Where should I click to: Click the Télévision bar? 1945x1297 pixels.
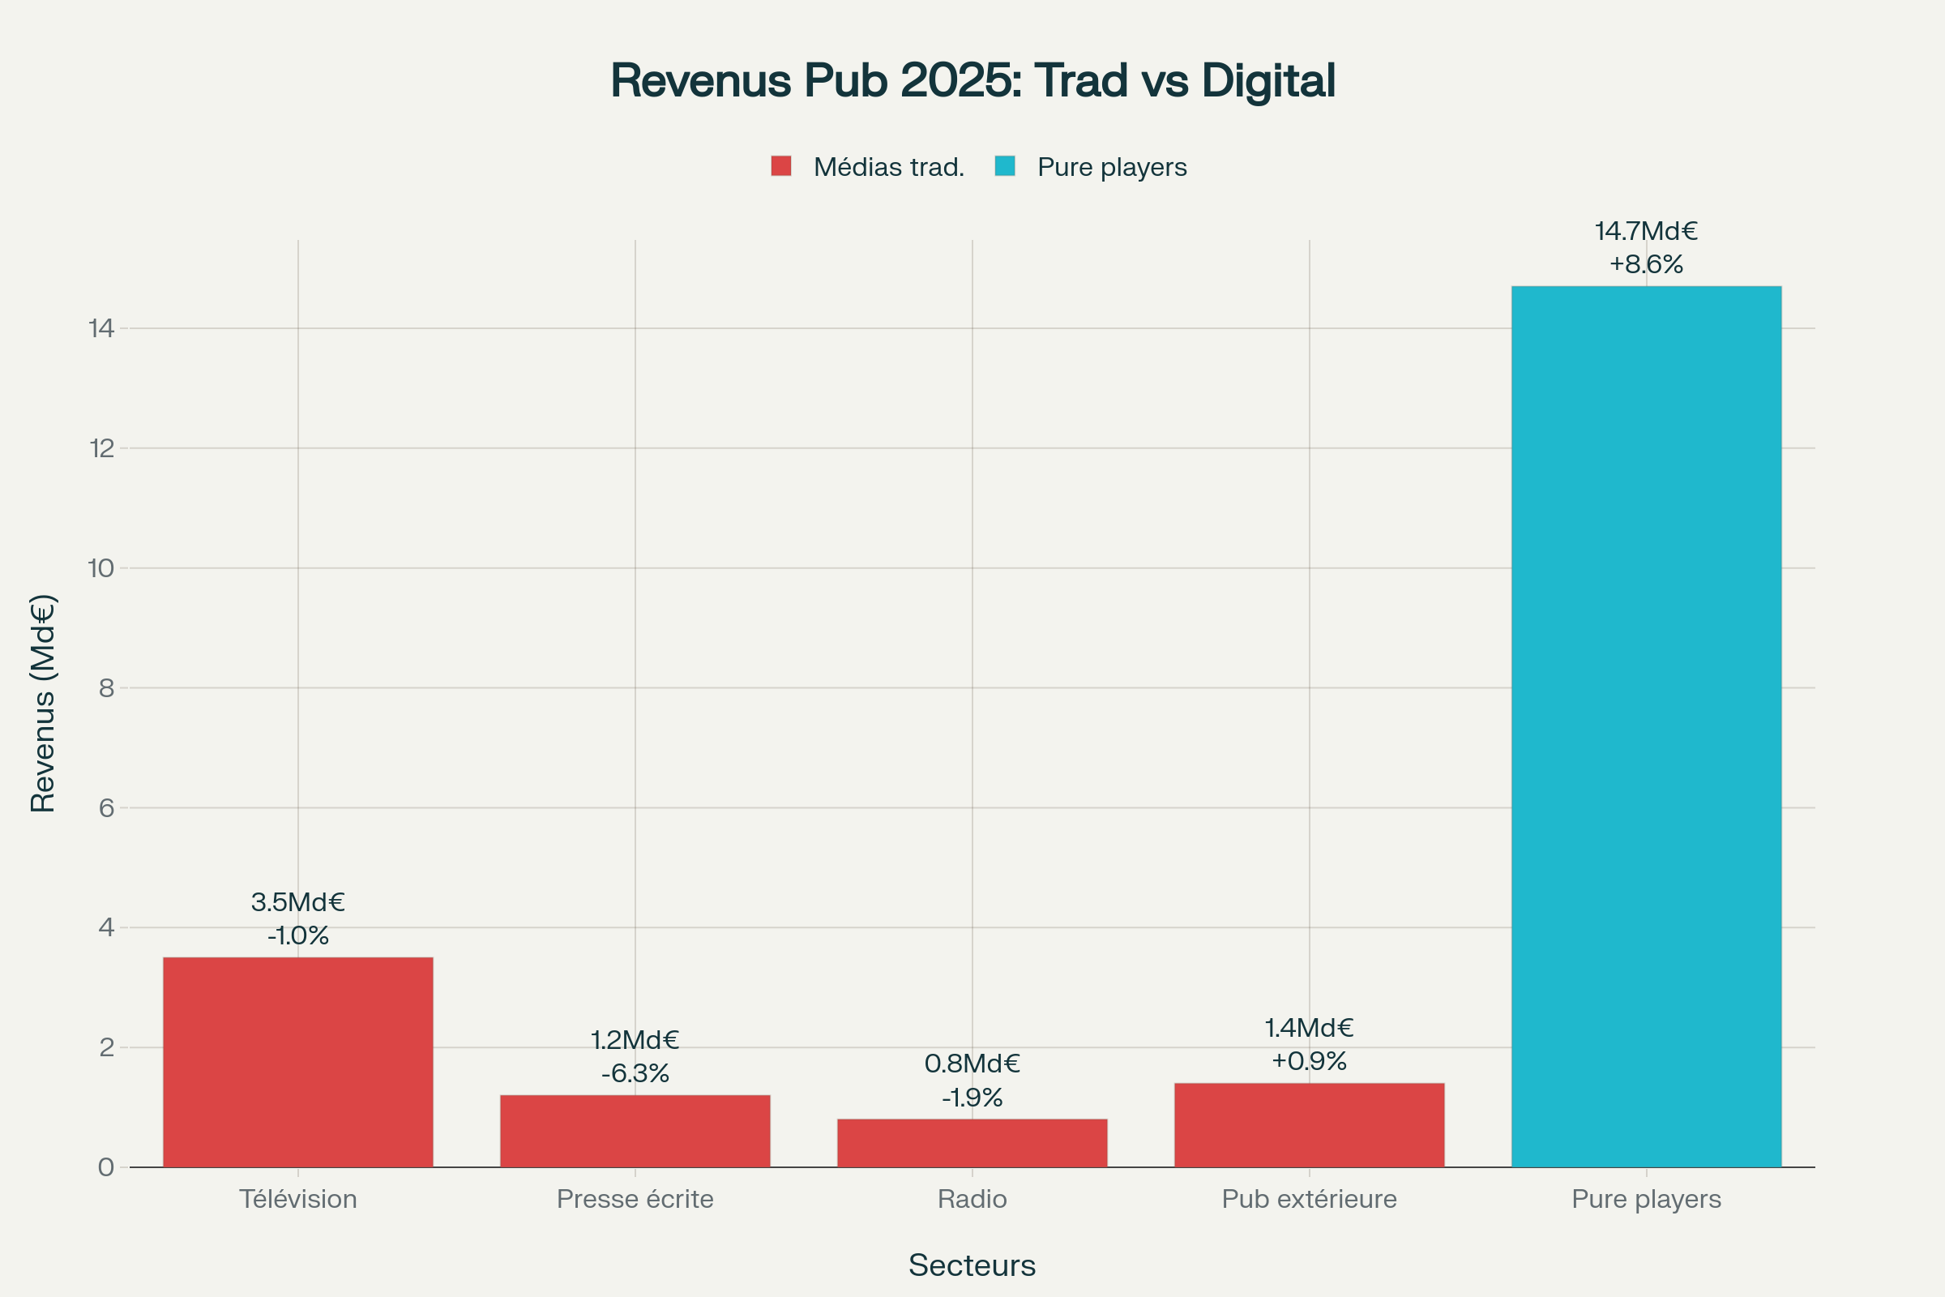click(x=297, y=1062)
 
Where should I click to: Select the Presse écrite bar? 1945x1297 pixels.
click(x=635, y=1131)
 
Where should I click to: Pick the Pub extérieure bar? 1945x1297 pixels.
click(x=1309, y=1125)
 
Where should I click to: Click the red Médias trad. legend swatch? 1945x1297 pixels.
click(x=780, y=166)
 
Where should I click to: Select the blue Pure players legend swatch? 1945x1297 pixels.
click(x=1005, y=166)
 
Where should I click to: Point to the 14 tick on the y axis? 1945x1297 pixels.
click(x=102, y=328)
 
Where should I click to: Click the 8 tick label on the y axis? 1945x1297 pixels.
click(x=107, y=687)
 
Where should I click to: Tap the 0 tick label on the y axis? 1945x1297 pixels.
click(x=107, y=1167)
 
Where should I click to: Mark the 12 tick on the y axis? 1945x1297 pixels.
click(x=102, y=448)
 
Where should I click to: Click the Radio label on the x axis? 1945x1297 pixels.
click(x=972, y=1199)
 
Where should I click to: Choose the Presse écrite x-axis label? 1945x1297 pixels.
click(x=635, y=1199)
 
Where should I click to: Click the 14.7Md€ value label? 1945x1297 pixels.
click(x=1646, y=231)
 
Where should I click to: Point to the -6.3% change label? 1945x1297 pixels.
click(x=635, y=1072)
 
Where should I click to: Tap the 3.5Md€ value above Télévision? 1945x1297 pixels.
click(x=297, y=901)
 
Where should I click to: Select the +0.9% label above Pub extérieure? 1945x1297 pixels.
click(x=1309, y=1060)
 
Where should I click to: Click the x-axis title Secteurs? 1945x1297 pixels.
click(x=972, y=1265)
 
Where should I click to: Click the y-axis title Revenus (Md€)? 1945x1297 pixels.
click(x=43, y=703)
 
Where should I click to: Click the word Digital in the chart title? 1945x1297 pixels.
click(x=1267, y=80)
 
